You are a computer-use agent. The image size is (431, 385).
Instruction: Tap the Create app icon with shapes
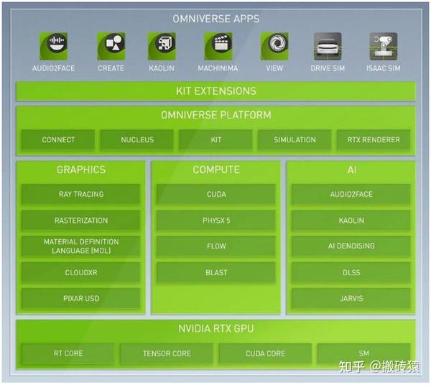[111, 46]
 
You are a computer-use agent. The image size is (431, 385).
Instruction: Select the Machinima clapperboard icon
[218, 46]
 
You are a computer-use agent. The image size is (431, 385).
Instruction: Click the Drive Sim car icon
[328, 46]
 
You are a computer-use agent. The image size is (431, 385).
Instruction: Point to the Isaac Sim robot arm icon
[383, 46]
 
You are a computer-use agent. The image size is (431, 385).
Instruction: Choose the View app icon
[274, 46]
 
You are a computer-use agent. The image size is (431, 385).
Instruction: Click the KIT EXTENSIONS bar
[215, 91]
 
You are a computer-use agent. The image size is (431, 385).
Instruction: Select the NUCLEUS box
[137, 140]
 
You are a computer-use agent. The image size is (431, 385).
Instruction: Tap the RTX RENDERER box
[374, 140]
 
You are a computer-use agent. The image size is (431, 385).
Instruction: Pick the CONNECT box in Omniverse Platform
[58, 140]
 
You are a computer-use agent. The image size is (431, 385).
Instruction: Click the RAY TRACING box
[81, 194]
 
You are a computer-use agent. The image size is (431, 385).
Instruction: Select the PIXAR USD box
[81, 298]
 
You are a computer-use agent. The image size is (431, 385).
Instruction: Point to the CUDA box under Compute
[216, 194]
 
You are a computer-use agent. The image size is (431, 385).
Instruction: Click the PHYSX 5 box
[216, 221]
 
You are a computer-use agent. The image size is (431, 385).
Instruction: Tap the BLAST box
[216, 272]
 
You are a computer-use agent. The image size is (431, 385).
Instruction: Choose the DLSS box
[351, 272]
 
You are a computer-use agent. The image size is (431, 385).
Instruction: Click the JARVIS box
[351, 298]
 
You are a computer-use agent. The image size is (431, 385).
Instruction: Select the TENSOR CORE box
[167, 353]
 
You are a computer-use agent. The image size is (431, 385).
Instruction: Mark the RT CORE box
[68, 353]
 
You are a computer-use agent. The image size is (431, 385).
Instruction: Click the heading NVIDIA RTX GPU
[215, 330]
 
